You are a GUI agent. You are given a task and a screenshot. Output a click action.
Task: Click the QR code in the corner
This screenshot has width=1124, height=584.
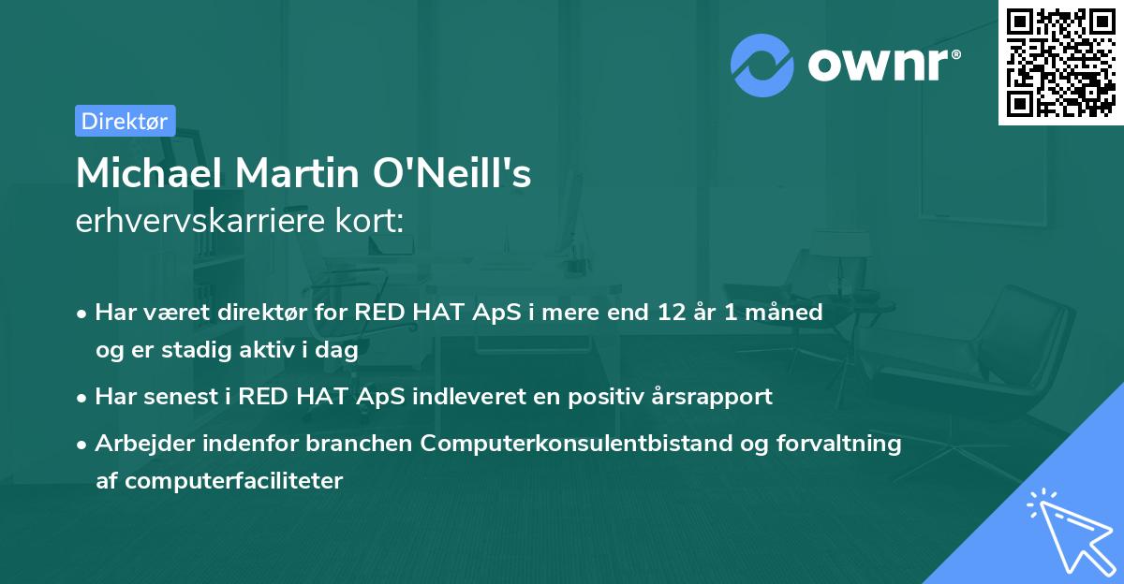tap(1061, 62)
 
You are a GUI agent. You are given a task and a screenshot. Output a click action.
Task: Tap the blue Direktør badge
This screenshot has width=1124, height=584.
tap(125, 121)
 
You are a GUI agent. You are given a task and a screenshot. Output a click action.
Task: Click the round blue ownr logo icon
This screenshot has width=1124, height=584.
tap(762, 66)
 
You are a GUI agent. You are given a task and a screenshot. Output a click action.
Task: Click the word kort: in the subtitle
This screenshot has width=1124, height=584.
tap(373, 222)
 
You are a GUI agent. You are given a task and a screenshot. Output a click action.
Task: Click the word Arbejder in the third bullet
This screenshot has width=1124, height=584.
tap(140, 444)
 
